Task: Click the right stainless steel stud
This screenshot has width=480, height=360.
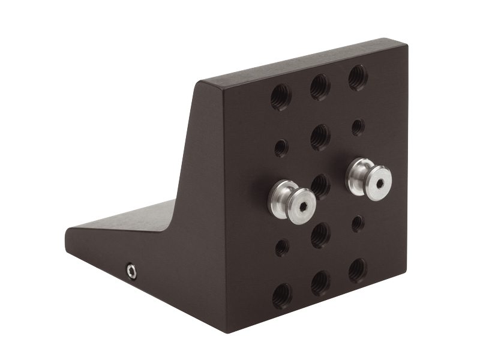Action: [369, 176]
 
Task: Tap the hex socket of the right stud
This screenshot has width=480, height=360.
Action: [380, 178]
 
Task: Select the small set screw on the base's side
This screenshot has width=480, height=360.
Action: [131, 272]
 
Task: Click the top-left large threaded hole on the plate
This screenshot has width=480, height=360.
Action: [281, 97]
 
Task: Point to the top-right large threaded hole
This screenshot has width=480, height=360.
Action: [358, 77]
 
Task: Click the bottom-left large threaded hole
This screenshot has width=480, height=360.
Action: [281, 295]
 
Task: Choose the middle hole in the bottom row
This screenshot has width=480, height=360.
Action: [320, 283]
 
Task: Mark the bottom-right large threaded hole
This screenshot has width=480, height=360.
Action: [358, 271]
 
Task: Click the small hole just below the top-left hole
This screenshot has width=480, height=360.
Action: [281, 148]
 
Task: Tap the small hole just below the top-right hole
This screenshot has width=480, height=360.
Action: [358, 127]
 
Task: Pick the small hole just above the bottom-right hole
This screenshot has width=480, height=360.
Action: [358, 224]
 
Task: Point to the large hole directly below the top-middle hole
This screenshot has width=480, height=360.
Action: [320, 137]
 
